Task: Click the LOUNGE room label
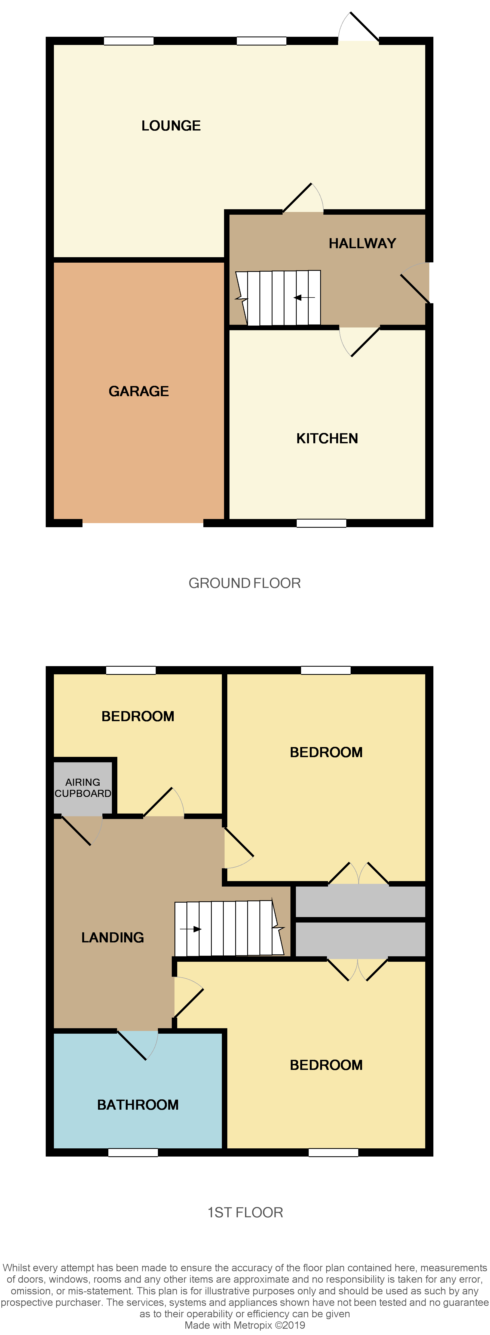tap(171, 126)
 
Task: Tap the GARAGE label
tap(139, 391)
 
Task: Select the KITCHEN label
tap(327, 438)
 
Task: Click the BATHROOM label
tap(138, 1105)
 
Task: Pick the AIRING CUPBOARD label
tap(83, 788)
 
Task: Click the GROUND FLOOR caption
tap(244, 583)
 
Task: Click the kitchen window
tap(321, 523)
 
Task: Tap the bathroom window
tap(133, 1152)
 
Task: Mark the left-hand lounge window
tap(128, 41)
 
